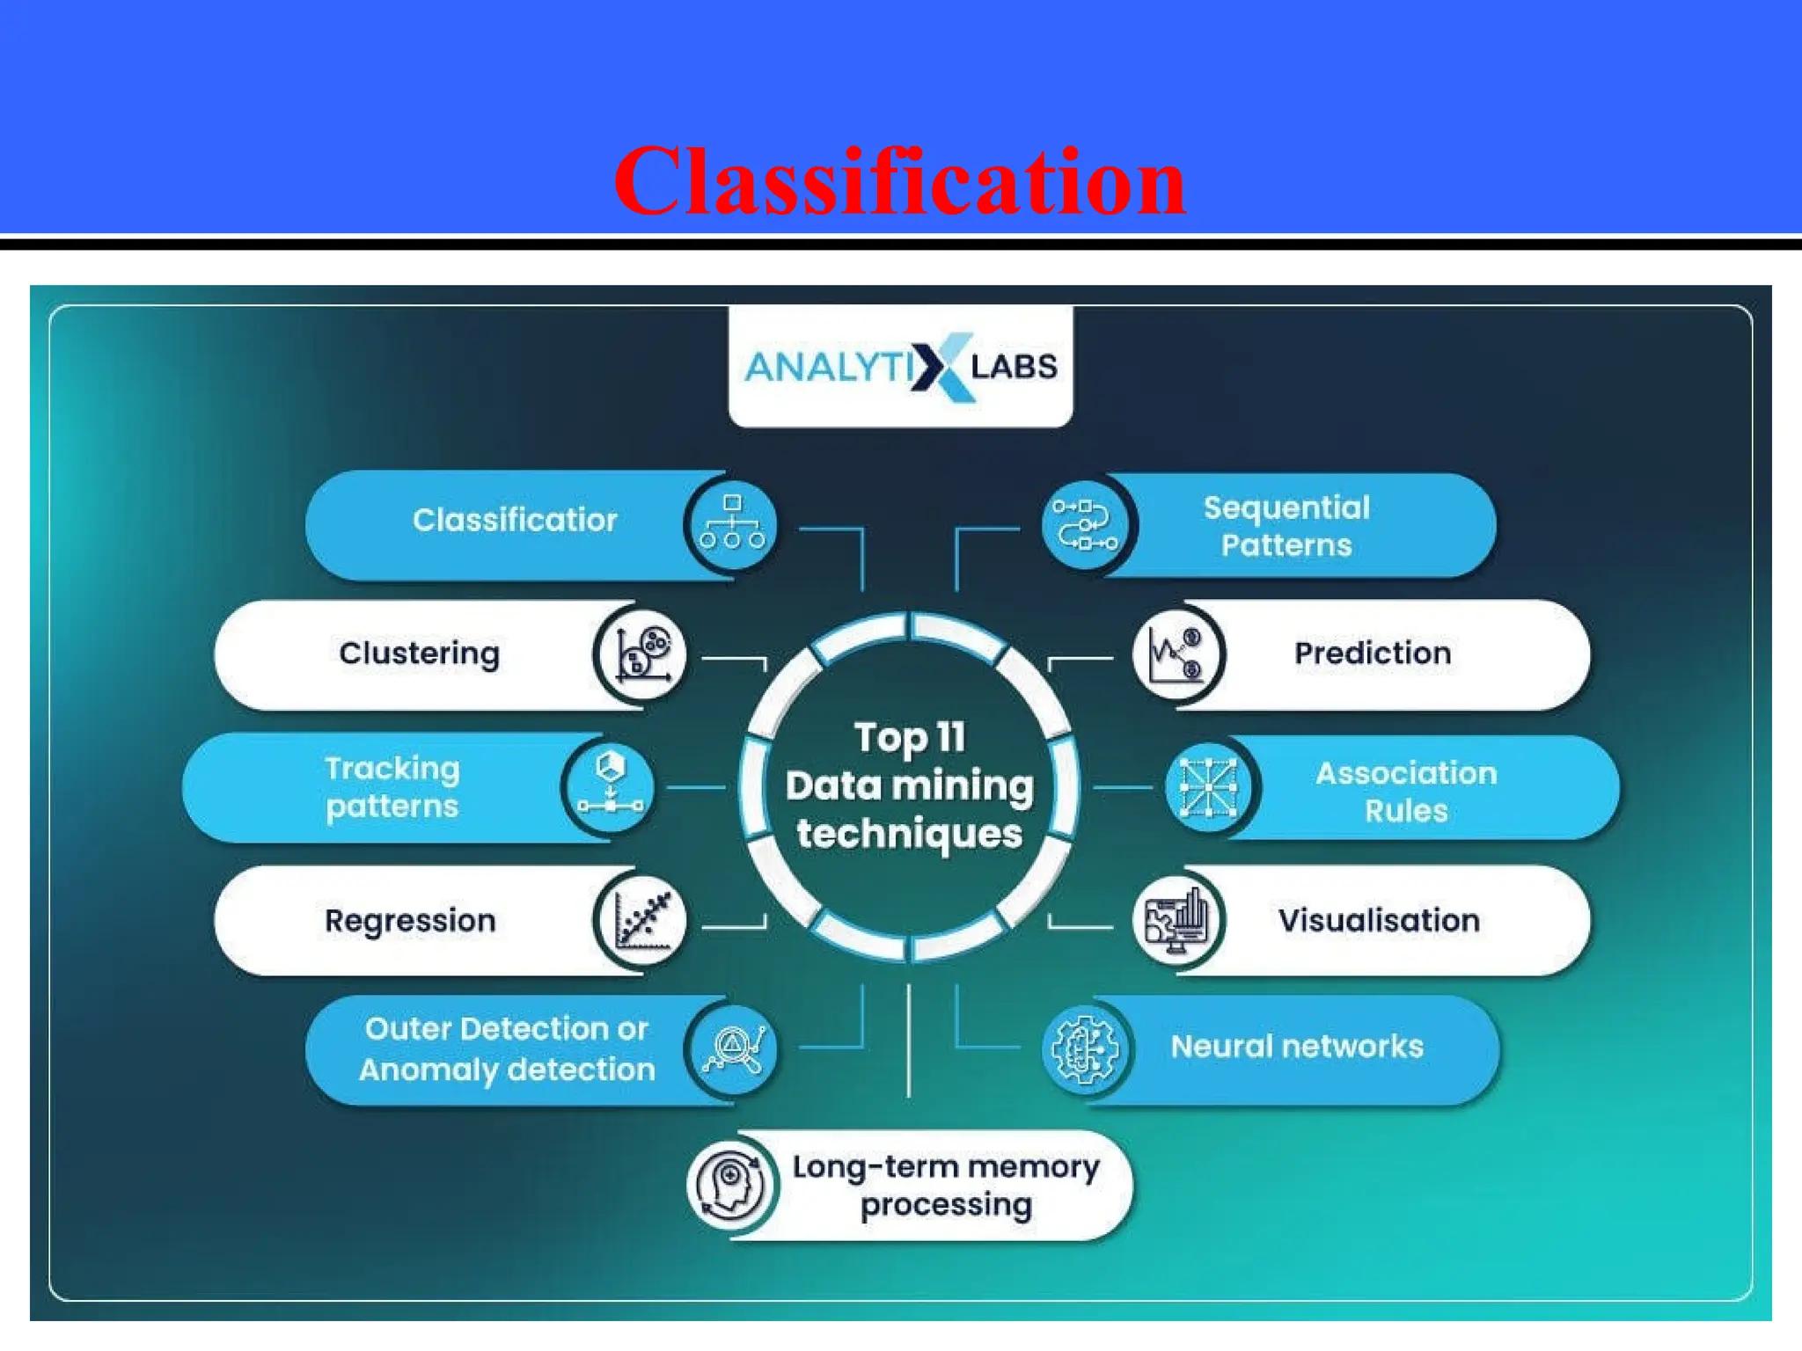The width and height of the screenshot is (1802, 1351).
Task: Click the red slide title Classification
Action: click(899, 182)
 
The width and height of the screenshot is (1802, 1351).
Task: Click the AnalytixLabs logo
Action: click(900, 367)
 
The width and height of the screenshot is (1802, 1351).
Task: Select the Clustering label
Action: click(419, 654)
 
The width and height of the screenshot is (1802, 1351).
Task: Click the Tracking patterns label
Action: click(392, 787)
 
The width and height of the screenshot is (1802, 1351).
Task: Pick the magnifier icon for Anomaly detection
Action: click(732, 1049)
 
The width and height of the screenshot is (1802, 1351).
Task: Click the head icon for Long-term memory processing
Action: click(730, 1184)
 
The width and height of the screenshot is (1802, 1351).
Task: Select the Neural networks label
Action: click(1297, 1047)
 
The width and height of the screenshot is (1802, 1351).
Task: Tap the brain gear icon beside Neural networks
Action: click(1085, 1049)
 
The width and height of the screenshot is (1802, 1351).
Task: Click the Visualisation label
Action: click(1379, 921)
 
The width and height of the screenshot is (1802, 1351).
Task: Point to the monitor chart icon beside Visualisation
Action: click(1176, 921)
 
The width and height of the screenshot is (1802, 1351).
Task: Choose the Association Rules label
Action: click(1406, 792)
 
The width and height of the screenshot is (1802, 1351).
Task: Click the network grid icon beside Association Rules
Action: click(1208, 787)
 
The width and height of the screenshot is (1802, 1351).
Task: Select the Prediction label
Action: click(1373, 654)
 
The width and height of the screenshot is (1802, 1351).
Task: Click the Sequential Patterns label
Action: click(1286, 526)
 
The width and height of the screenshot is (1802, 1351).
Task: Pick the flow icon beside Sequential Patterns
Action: click(1085, 525)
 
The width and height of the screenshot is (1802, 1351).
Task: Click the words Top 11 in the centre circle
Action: click(910, 738)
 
